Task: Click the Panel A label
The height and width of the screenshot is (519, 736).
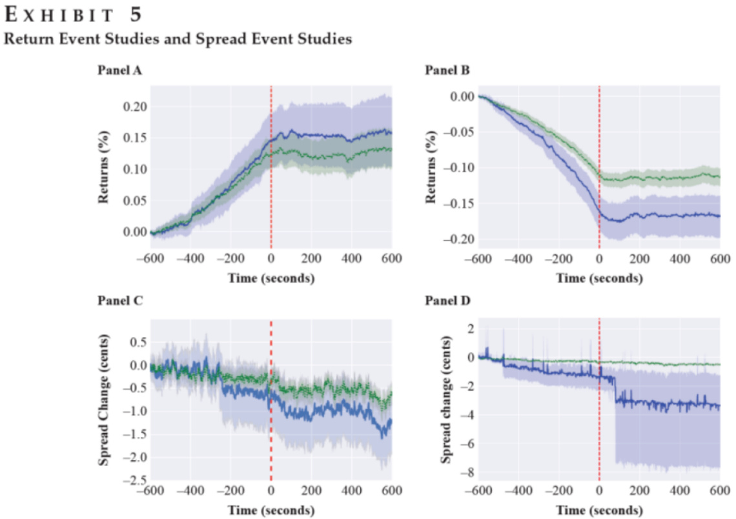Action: point(119,70)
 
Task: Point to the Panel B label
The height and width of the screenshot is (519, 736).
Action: point(447,70)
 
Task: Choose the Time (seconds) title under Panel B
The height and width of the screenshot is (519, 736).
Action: point(599,279)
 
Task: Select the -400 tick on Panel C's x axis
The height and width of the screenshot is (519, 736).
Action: point(190,491)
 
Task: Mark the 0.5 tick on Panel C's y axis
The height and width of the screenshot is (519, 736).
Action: point(137,341)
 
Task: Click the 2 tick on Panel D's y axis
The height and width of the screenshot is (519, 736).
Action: point(468,329)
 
